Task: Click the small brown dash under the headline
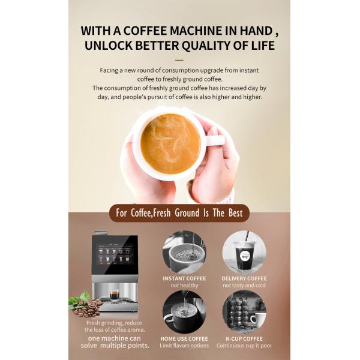(179, 61)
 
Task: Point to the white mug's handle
(214, 140)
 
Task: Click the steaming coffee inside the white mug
(170, 144)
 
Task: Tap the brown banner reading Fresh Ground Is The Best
(179, 213)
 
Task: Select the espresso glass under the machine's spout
(114, 295)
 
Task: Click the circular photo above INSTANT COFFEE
(184, 253)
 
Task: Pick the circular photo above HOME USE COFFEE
(184, 312)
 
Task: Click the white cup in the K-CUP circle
(258, 320)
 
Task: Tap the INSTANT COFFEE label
(184, 278)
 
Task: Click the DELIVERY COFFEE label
(244, 278)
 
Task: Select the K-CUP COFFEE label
(244, 338)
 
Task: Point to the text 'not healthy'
(184, 286)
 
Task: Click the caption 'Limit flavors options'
(184, 346)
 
